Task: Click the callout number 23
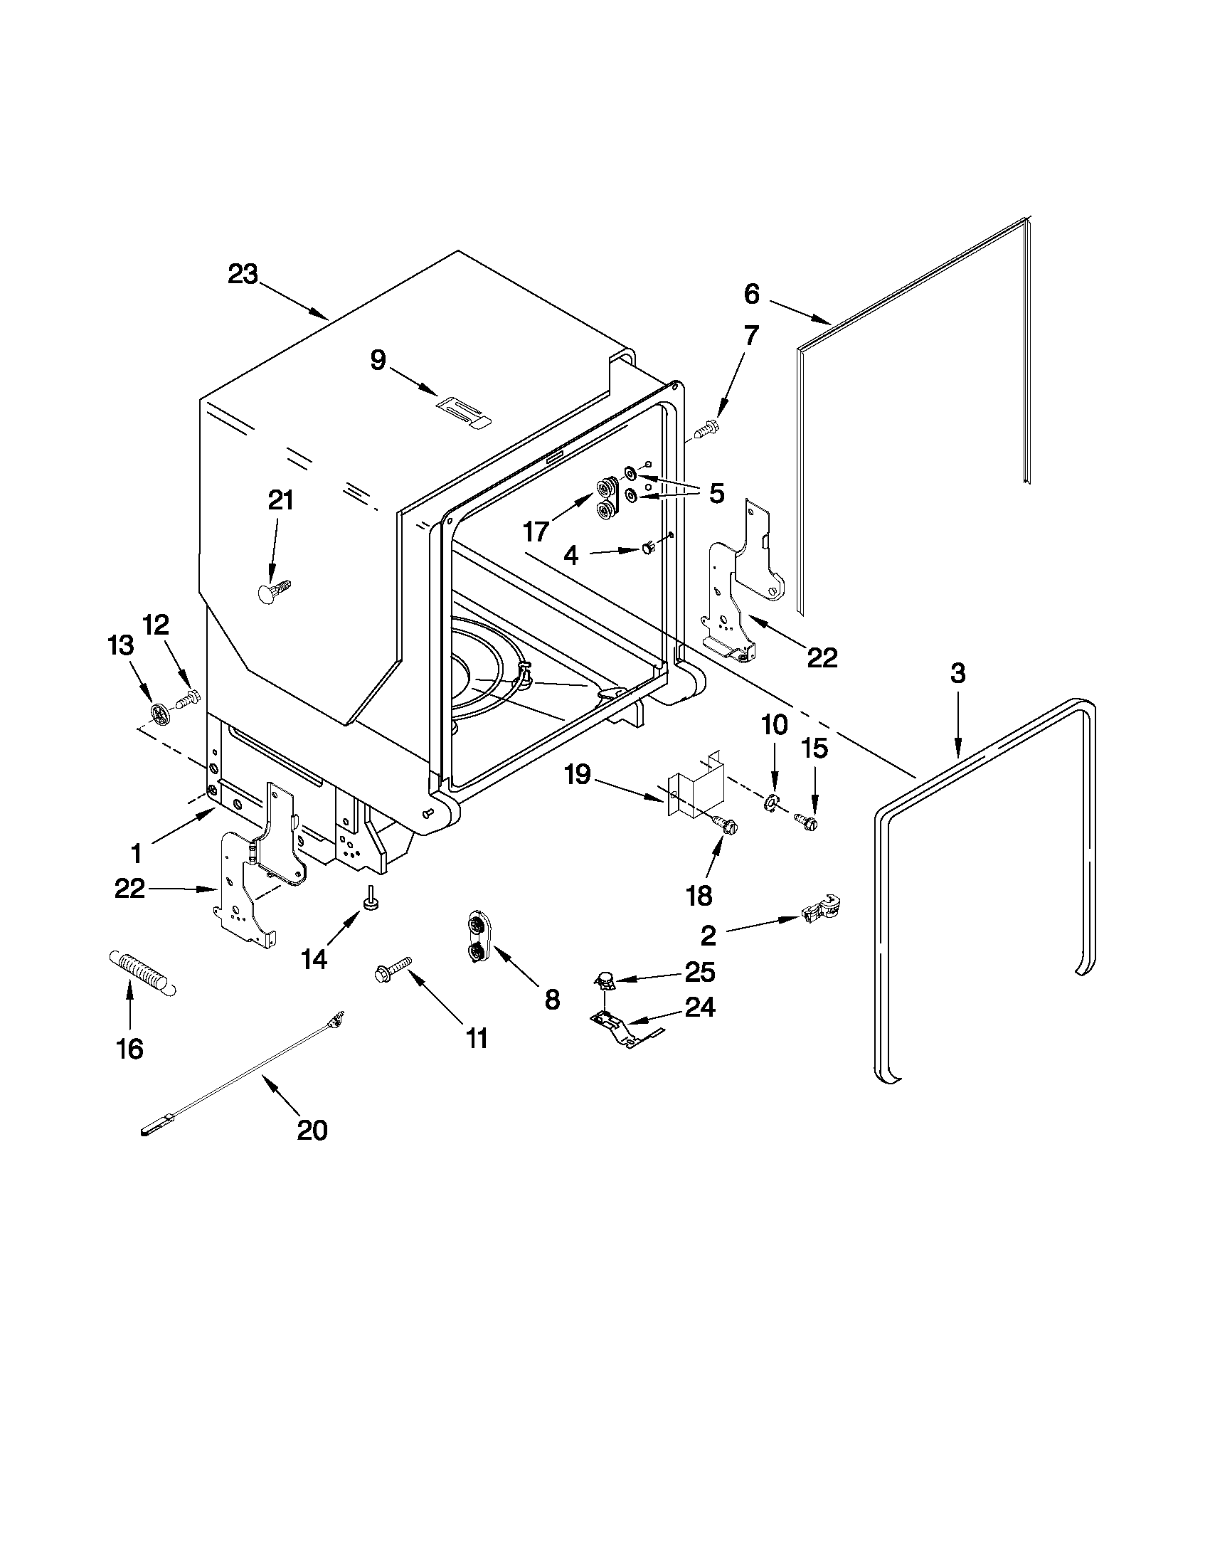pos(243,275)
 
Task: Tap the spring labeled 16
pos(142,973)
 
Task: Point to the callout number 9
pos(378,359)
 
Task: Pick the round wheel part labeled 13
pos(161,712)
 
